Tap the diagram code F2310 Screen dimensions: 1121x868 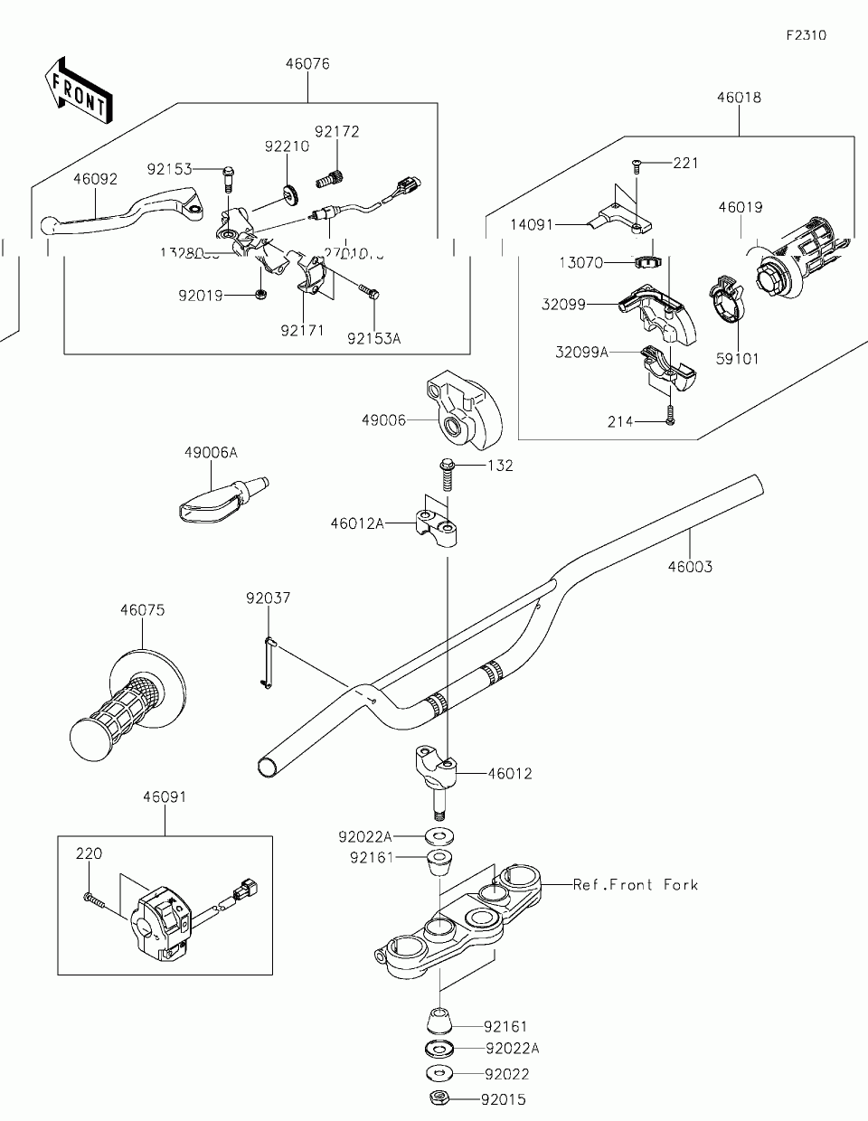(806, 36)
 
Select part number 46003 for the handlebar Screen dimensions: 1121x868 (690, 568)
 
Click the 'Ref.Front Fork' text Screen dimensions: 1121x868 (636, 884)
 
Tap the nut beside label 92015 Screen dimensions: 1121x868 (439, 1098)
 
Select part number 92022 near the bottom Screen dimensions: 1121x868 (506, 1074)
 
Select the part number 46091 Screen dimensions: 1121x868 (165, 797)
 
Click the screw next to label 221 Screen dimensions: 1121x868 (636, 165)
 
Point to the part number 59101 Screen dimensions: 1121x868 (737, 359)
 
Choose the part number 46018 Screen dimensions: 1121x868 (739, 98)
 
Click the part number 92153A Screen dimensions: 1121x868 (373, 338)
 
